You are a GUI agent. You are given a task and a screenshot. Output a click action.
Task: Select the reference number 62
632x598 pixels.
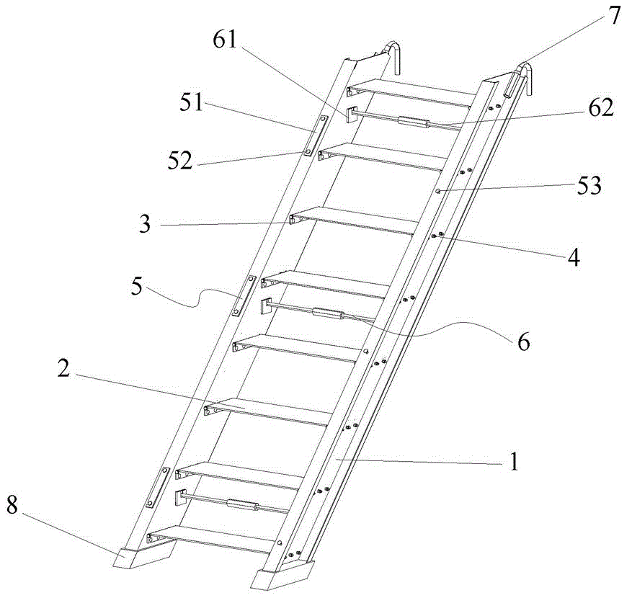pos(600,108)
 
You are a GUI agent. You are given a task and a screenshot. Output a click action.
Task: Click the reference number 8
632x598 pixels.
pos(12,505)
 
